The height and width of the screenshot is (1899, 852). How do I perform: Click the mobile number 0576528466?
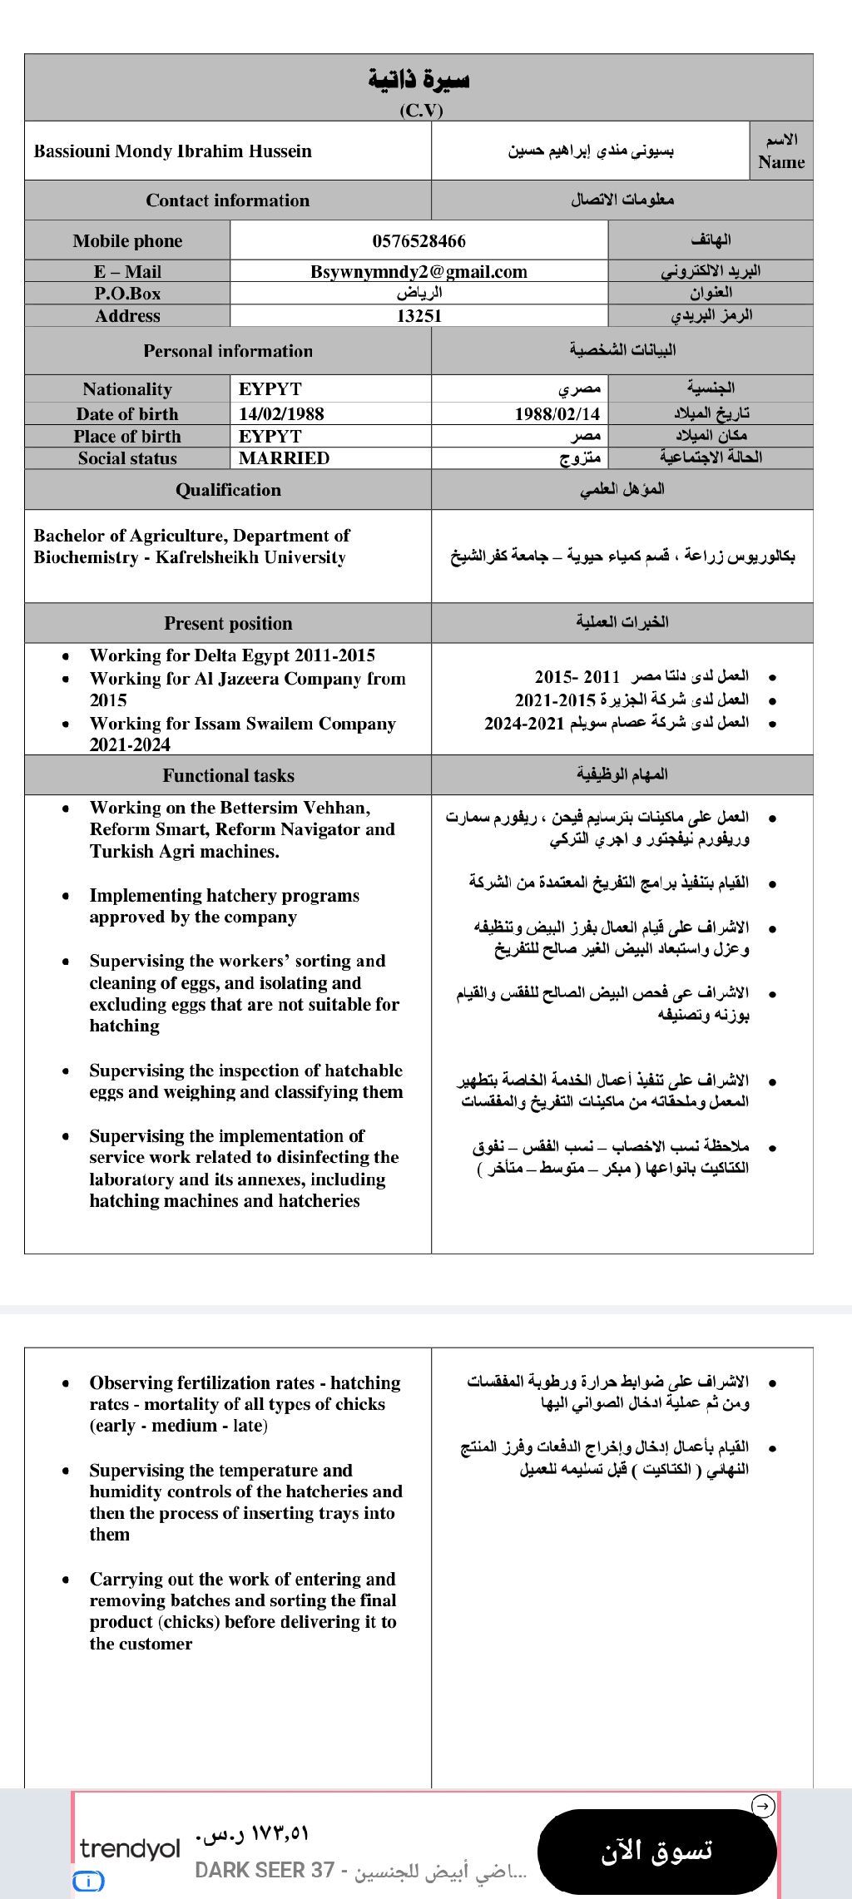(419, 241)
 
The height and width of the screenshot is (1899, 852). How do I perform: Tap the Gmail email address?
(419, 272)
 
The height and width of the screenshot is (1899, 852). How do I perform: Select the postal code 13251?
(419, 316)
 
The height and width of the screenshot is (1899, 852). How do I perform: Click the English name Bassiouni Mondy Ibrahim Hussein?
(173, 151)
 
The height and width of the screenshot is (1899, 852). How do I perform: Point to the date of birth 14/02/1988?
(281, 414)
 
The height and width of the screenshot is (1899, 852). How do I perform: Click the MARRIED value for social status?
(284, 458)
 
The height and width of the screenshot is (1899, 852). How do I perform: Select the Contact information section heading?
(227, 200)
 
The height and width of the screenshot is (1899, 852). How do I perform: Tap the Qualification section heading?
(228, 490)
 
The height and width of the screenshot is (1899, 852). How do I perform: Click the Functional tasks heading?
(228, 776)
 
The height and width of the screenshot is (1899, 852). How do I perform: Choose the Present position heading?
(228, 624)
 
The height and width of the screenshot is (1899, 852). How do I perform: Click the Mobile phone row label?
(127, 241)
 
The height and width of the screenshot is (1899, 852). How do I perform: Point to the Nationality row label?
(127, 389)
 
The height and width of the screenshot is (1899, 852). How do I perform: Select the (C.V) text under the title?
(421, 110)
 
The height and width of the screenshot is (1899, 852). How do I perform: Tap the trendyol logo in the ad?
(130, 1848)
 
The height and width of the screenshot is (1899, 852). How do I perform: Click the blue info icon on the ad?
(88, 1881)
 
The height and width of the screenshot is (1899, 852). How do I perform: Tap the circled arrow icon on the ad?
(763, 1806)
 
